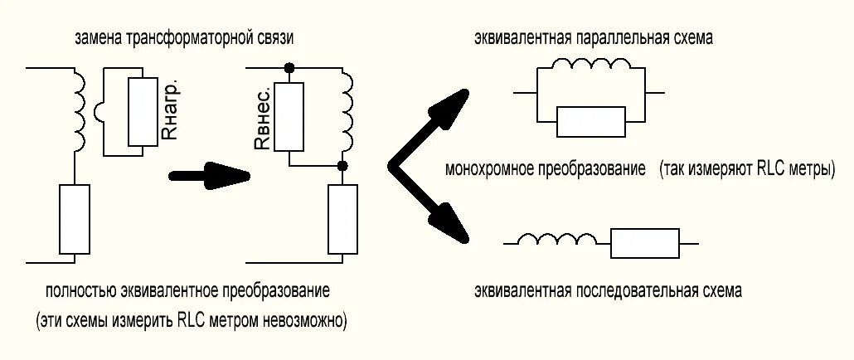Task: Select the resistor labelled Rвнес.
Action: (288, 117)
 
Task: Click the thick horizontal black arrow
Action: (208, 175)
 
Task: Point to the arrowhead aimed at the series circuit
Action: (448, 225)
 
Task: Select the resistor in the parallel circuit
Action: (591, 121)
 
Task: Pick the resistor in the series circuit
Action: (644, 243)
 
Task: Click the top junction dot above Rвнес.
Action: (288, 66)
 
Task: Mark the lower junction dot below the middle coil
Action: (342, 167)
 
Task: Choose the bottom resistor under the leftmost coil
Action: (75, 219)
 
